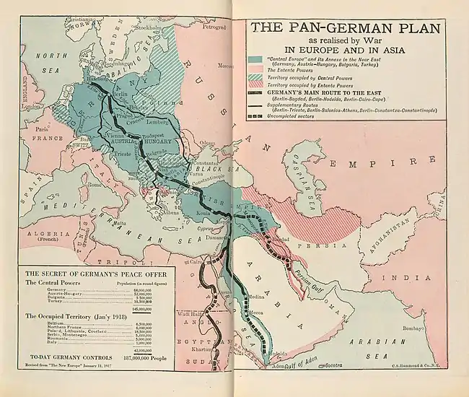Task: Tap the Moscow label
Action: point(225,66)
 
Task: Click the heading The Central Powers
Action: point(56,283)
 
